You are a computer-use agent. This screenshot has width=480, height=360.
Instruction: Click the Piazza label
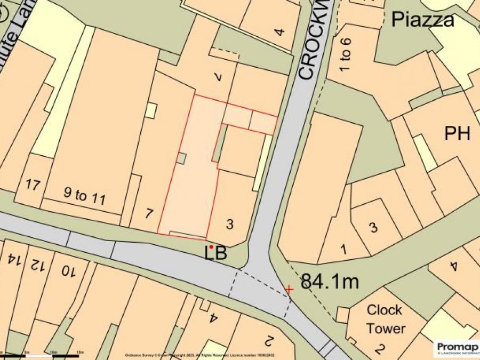tap(423, 20)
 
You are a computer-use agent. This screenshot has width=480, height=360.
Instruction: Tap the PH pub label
tap(457, 134)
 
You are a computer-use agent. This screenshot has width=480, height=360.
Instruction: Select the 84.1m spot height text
tap(330, 281)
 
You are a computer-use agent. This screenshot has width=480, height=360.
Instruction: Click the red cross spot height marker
tap(289, 289)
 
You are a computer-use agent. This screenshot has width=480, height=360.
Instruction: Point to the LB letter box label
tap(217, 253)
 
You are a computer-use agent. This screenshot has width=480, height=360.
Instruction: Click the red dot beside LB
tap(211, 247)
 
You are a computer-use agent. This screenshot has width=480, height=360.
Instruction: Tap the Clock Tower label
tap(385, 319)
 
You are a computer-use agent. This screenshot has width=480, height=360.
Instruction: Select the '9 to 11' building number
tap(84, 197)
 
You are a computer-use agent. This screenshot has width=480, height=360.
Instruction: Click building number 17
tap(33, 185)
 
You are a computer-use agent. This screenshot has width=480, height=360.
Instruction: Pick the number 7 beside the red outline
tap(149, 214)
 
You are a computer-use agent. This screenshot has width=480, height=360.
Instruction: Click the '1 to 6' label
tap(346, 56)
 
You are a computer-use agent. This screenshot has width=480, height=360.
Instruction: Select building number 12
tap(36, 265)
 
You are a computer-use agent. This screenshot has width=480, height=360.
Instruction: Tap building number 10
tap(67, 271)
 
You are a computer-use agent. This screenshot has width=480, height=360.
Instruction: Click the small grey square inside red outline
tap(182, 158)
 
